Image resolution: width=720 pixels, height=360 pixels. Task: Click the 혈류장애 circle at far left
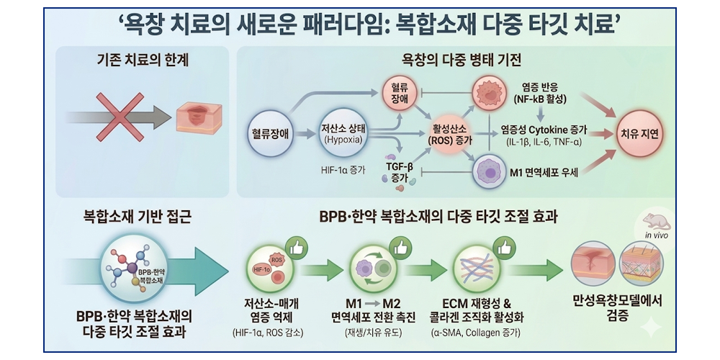pos(270,134)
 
